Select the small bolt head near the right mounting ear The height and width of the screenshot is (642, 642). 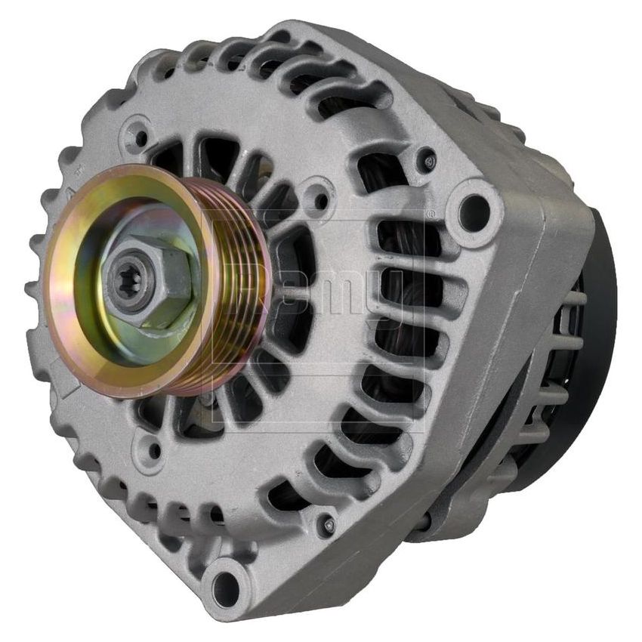point(429,160)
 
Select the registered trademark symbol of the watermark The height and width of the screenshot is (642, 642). point(431,215)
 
